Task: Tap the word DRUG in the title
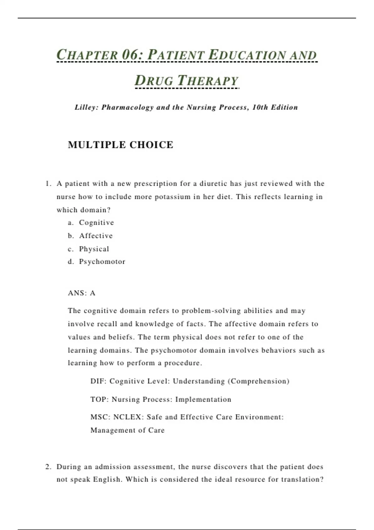tap(154, 80)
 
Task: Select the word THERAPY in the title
tap(208, 80)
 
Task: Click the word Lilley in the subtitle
tap(86, 108)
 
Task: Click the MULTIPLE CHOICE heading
tap(120, 145)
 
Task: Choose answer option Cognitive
tap(96, 223)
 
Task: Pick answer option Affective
tap(96, 236)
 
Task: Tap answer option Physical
tap(94, 249)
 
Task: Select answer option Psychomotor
tap(102, 262)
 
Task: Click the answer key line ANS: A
tap(82, 293)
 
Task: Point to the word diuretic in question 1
tap(213, 184)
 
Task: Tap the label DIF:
tap(98, 381)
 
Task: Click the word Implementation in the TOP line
tap(203, 399)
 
